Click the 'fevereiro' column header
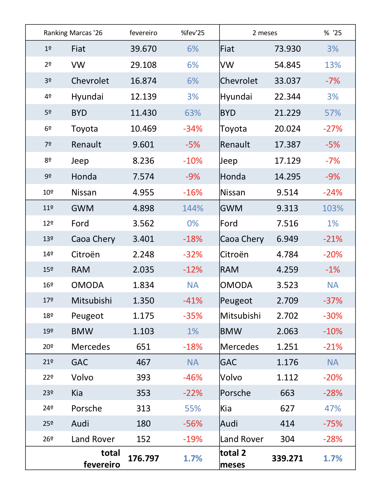[x=143, y=33]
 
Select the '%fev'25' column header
[x=193, y=33]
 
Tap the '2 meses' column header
[x=265, y=33]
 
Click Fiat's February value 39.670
[x=143, y=49]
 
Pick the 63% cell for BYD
[x=193, y=113]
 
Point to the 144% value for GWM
[x=193, y=208]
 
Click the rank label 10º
[x=48, y=193]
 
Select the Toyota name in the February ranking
[x=85, y=129]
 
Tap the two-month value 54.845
[x=287, y=65]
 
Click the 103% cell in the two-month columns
[x=333, y=208]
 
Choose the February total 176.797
[x=143, y=459]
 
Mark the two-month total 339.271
[x=287, y=459]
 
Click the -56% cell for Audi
[x=193, y=424]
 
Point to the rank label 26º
[x=48, y=439]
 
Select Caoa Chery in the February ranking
[x=93, y=239]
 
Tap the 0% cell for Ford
[x=193, y=224]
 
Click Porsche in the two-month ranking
[x=235, y=393]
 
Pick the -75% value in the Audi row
[x=333, y=424]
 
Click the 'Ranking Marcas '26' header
[x=73, y=33]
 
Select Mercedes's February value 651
[x=143, y=347]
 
